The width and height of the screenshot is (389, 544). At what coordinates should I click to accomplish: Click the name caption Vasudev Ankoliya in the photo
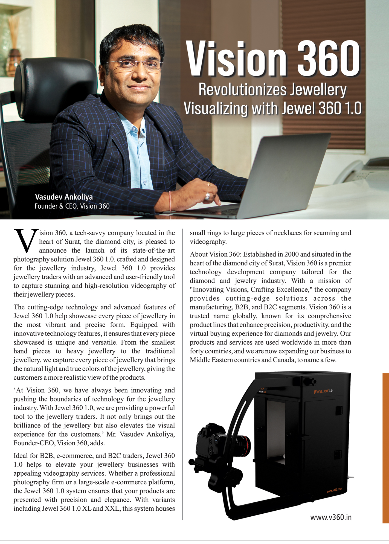click(x=64, y=197)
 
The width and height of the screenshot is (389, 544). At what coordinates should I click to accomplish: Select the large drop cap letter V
click(x=25, y=241)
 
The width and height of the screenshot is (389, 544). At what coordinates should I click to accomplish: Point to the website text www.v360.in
click(x=331, y=517)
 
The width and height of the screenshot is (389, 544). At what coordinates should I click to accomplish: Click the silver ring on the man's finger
click(x=208, y=196)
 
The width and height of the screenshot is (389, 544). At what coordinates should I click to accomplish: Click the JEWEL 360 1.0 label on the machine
click(x=323, y=391)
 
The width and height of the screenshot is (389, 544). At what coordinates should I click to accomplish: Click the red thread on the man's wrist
click(x=170, y=201)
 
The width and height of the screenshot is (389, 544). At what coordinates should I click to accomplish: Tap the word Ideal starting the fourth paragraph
click(x=21, y=456)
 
